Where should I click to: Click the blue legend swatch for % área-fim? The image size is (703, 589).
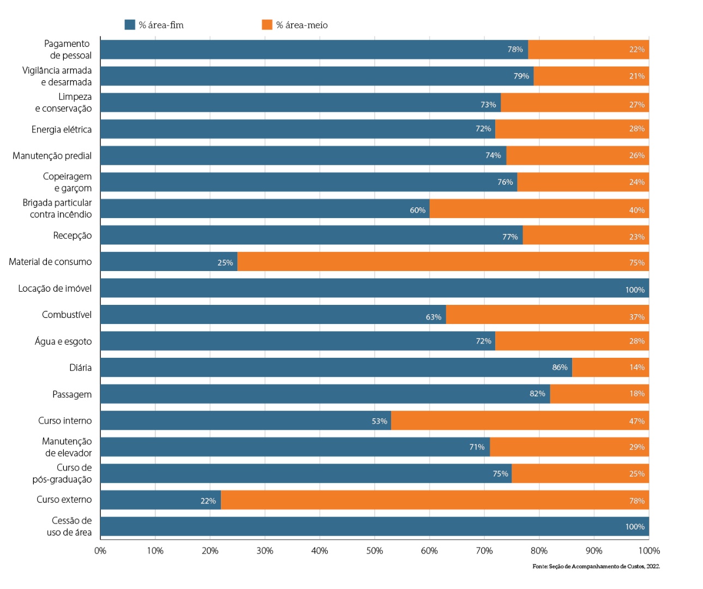pyautogui.click(x=130, y=25)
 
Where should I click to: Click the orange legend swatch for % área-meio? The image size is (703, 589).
pyautogui.click(x=267, y=25)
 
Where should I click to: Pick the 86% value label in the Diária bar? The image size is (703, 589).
pyautogui.click(x=560, y=368)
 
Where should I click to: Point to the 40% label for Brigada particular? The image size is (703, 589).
pyautogui.click(x=636, y=210)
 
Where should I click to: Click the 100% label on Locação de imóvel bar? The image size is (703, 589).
pyautogui.click(x=635, y=290)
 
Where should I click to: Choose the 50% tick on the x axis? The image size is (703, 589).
pyautogui.click(x=374, y=551)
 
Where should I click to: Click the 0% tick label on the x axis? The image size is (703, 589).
pyautogui.click(x=100, y=551)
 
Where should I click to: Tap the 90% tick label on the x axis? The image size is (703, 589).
pyautogui.click(x=594, y=551)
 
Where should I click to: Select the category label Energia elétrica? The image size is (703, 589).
pyautogui.click(x=62, y=129)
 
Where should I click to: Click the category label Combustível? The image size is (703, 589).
pyautogui.click(x=67, y=315)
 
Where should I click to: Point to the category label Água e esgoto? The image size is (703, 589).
pyautogui.click(x=63, y=341)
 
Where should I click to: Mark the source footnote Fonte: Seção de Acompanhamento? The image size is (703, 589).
pyautogui.click(x=596, y=567)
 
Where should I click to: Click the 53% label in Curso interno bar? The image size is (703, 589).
pyautogui.click(x=379, y=421)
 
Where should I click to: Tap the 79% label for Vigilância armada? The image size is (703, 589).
pyautogui.click(x=521, y=76)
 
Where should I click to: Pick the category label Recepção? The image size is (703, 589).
pyautogui.click(x=73, y=236)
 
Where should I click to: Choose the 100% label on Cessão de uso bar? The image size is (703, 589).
pyautogui.click(x=635, y=527)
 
